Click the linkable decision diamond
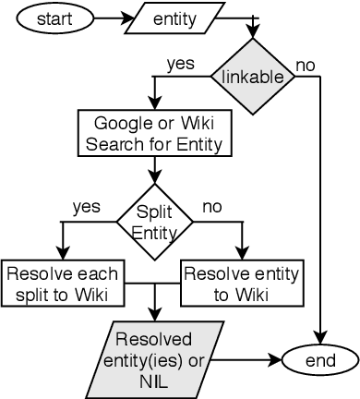252,77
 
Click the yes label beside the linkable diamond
179,64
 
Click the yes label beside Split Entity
85,207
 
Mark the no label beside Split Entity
212,207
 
